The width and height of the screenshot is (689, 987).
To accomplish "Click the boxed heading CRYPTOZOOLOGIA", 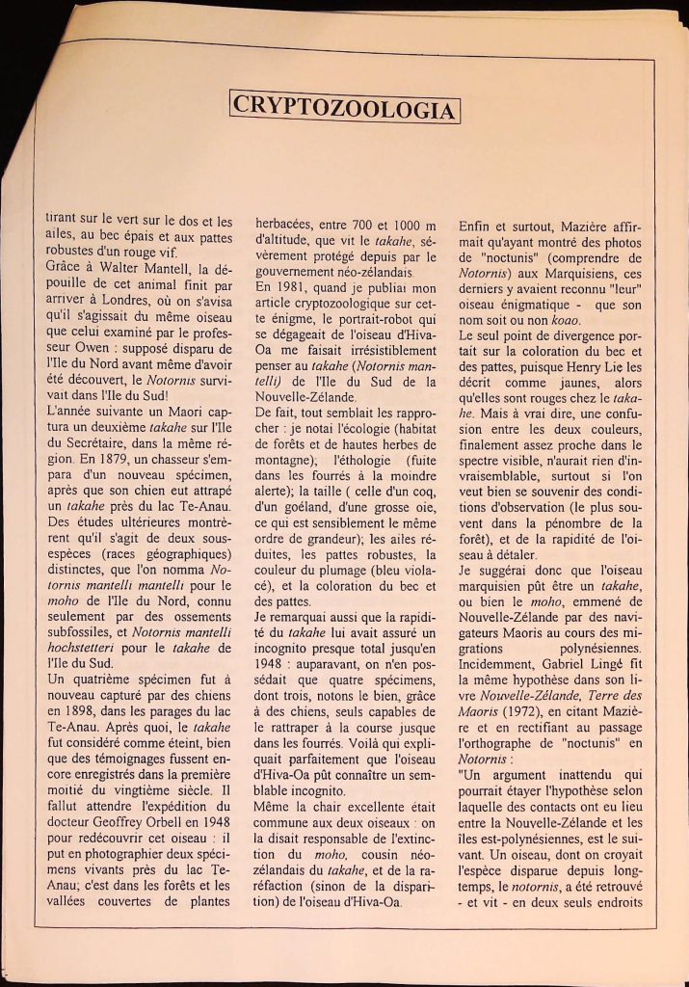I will point(344,108).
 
